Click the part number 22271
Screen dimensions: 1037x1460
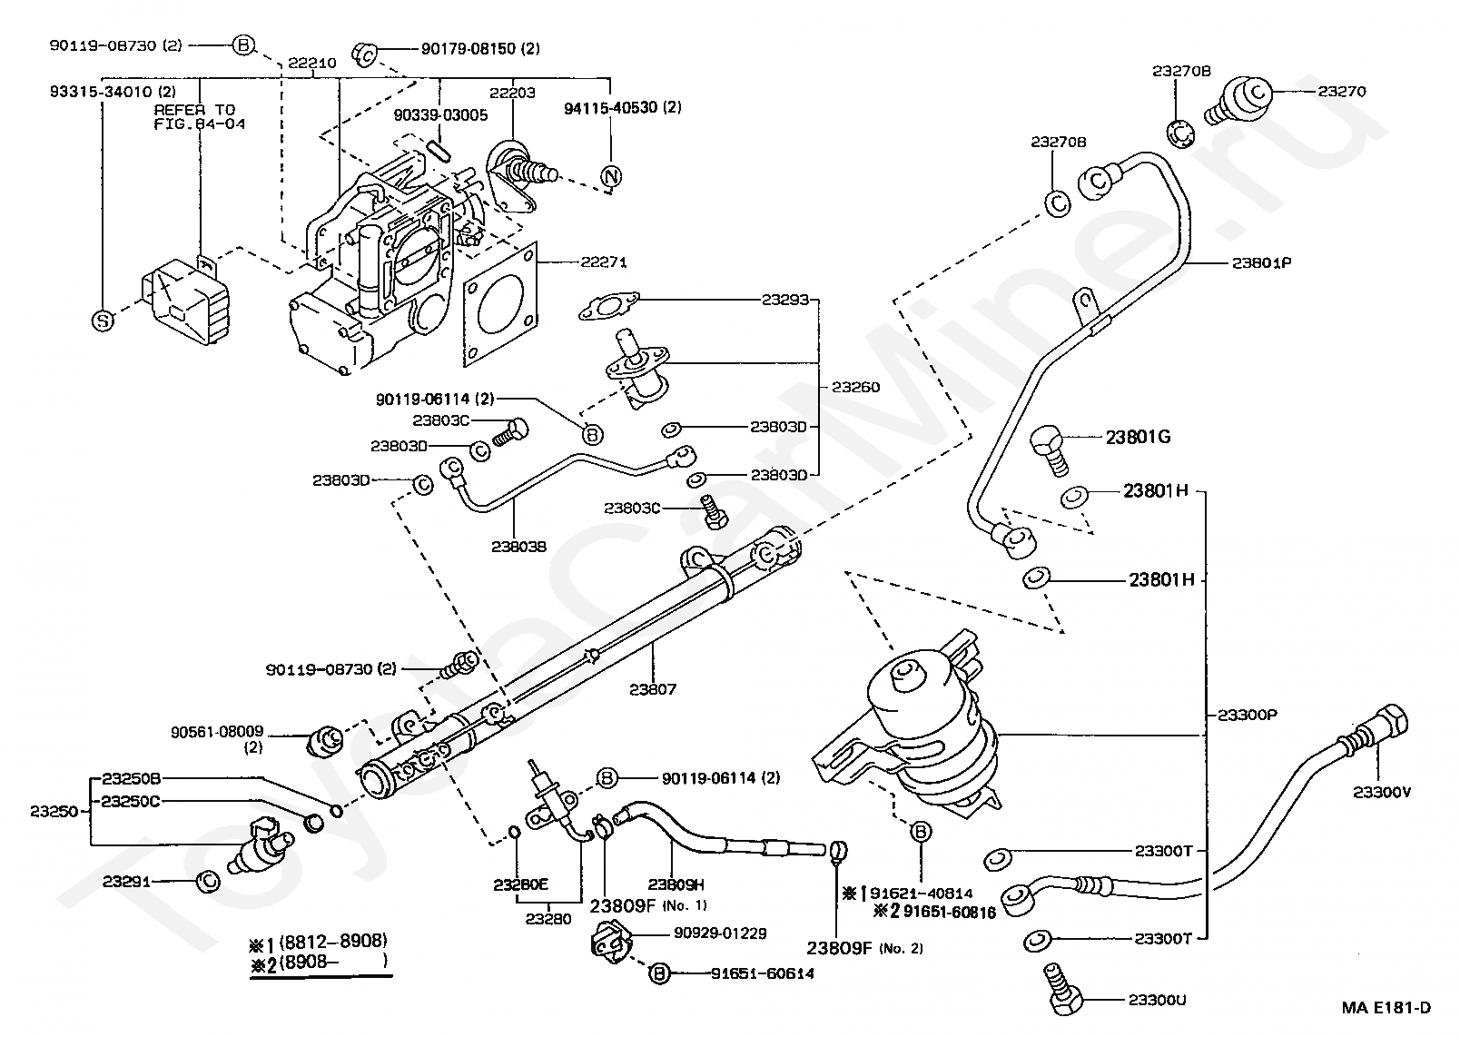[605, 262]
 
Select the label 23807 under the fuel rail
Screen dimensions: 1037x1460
[653, 689]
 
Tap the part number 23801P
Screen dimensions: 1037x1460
[1262, 262]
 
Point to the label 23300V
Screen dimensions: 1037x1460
[1382, 792]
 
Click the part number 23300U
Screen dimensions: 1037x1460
[1157, 1001]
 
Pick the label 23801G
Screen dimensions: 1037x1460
[1138, 437]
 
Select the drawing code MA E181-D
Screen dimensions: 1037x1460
[1387, 1007]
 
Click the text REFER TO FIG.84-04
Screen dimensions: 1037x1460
[199, 116]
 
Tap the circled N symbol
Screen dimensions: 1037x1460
[611, 176]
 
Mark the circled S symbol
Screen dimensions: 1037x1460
[103, 320]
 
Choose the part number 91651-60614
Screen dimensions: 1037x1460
[762, 973]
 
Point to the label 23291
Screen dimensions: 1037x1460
[125, 881]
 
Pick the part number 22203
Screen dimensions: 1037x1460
[513, 93]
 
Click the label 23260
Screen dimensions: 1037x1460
[855, 387]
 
